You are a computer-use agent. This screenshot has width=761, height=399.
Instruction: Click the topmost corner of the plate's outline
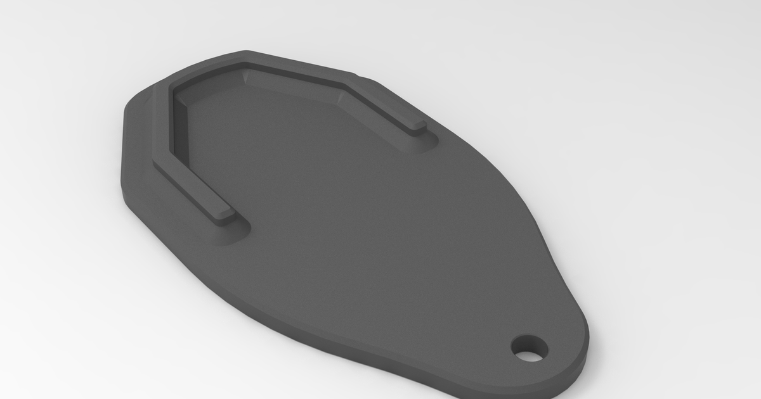click(247, 52)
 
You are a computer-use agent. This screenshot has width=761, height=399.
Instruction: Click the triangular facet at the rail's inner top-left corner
click(247, 77)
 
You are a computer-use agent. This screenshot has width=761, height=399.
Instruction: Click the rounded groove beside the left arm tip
click(241, 228)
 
